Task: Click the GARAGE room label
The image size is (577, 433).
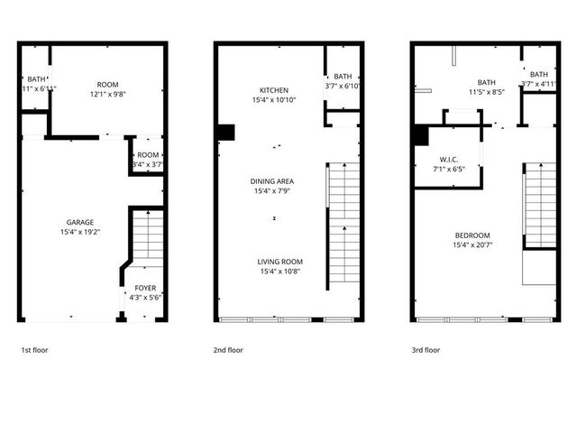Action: [79, 222]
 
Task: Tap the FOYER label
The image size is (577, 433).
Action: [144, 289]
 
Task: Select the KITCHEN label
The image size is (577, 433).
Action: [273, 90]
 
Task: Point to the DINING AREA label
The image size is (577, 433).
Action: [272, 181]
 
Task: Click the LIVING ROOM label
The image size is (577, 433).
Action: [278, 262]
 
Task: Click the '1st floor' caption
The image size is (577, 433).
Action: [35, 349]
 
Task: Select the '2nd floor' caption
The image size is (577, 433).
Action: [229, 349]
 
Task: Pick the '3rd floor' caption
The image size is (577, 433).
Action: [426, 349]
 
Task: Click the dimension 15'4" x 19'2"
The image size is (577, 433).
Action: [79, 232]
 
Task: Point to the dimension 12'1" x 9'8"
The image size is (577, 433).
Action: [109, 94]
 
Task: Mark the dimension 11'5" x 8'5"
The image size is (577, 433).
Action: [486, 91]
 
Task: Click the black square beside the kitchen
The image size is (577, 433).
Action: [225, 133]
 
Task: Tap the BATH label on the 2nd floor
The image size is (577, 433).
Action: [343, 77]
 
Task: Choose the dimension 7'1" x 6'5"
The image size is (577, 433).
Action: [449, 168]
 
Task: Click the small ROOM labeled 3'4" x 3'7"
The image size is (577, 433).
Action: [147, 160]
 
